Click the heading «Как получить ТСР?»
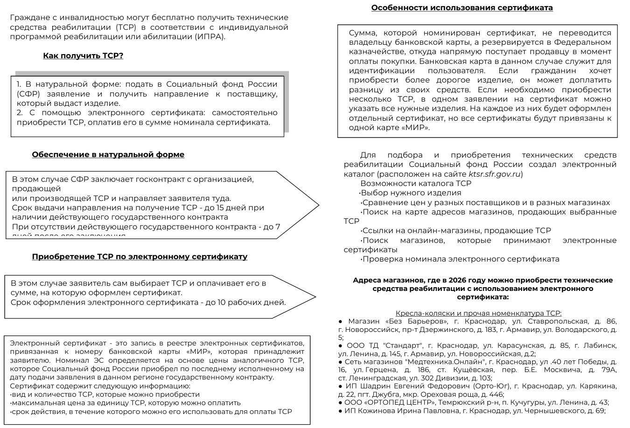(x=83, y=56)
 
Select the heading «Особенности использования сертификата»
(x=462, y=8)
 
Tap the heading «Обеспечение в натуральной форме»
(x=108, y=155)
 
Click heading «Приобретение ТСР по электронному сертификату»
(x=140, y=257)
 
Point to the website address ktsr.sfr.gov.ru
(x=494, y=174)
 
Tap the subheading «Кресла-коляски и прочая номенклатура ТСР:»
(x=478, y=313)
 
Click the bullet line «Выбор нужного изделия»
(x=411, y=193)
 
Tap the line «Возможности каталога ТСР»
(x=416, y=184)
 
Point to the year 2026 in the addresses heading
(x=457, y=281)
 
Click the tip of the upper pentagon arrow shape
(x=318, y=205)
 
